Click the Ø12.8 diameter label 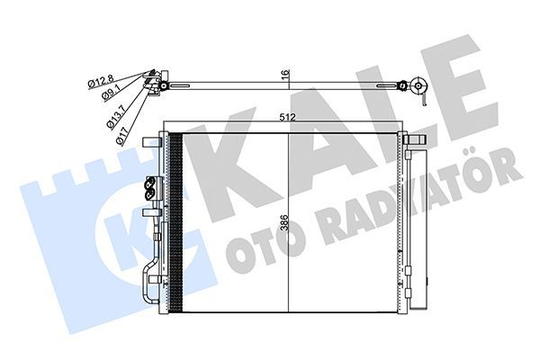100,81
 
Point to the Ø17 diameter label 122,136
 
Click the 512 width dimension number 288,117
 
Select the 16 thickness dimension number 286,74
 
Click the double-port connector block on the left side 152,188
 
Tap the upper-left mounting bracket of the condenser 152,141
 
